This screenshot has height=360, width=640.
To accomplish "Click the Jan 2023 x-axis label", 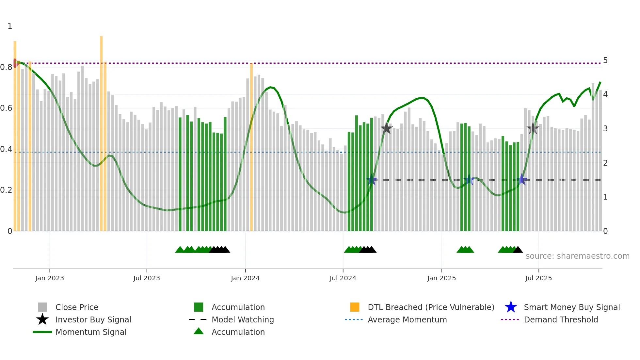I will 50,278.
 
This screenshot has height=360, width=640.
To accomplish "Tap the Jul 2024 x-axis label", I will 343,278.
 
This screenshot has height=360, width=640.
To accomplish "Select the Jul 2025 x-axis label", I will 538,278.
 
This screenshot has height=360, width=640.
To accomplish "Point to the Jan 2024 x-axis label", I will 245,278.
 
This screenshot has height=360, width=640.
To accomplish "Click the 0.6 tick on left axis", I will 6,108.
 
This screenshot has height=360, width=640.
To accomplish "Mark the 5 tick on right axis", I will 605,60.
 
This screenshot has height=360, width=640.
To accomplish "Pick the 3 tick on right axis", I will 605,129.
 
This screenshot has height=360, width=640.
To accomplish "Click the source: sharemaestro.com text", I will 577,256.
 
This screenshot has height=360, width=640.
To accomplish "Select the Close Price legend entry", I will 77,307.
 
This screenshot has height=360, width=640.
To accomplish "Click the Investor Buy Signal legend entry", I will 93,319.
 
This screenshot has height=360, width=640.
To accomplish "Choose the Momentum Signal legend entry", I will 91,332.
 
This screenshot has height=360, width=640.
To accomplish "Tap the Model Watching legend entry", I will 243,319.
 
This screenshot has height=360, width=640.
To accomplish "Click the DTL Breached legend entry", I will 431,307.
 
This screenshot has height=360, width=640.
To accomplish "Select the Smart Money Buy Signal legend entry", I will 571,307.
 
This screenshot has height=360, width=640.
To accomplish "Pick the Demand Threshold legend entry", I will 561,319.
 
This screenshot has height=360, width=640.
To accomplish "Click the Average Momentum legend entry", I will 407,319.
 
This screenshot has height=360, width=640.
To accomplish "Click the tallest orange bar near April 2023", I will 101,131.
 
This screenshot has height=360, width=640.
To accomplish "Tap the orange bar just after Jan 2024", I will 251,147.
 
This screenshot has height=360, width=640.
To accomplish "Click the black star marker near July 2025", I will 533,129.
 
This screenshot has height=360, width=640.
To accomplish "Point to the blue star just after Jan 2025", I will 469,180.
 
